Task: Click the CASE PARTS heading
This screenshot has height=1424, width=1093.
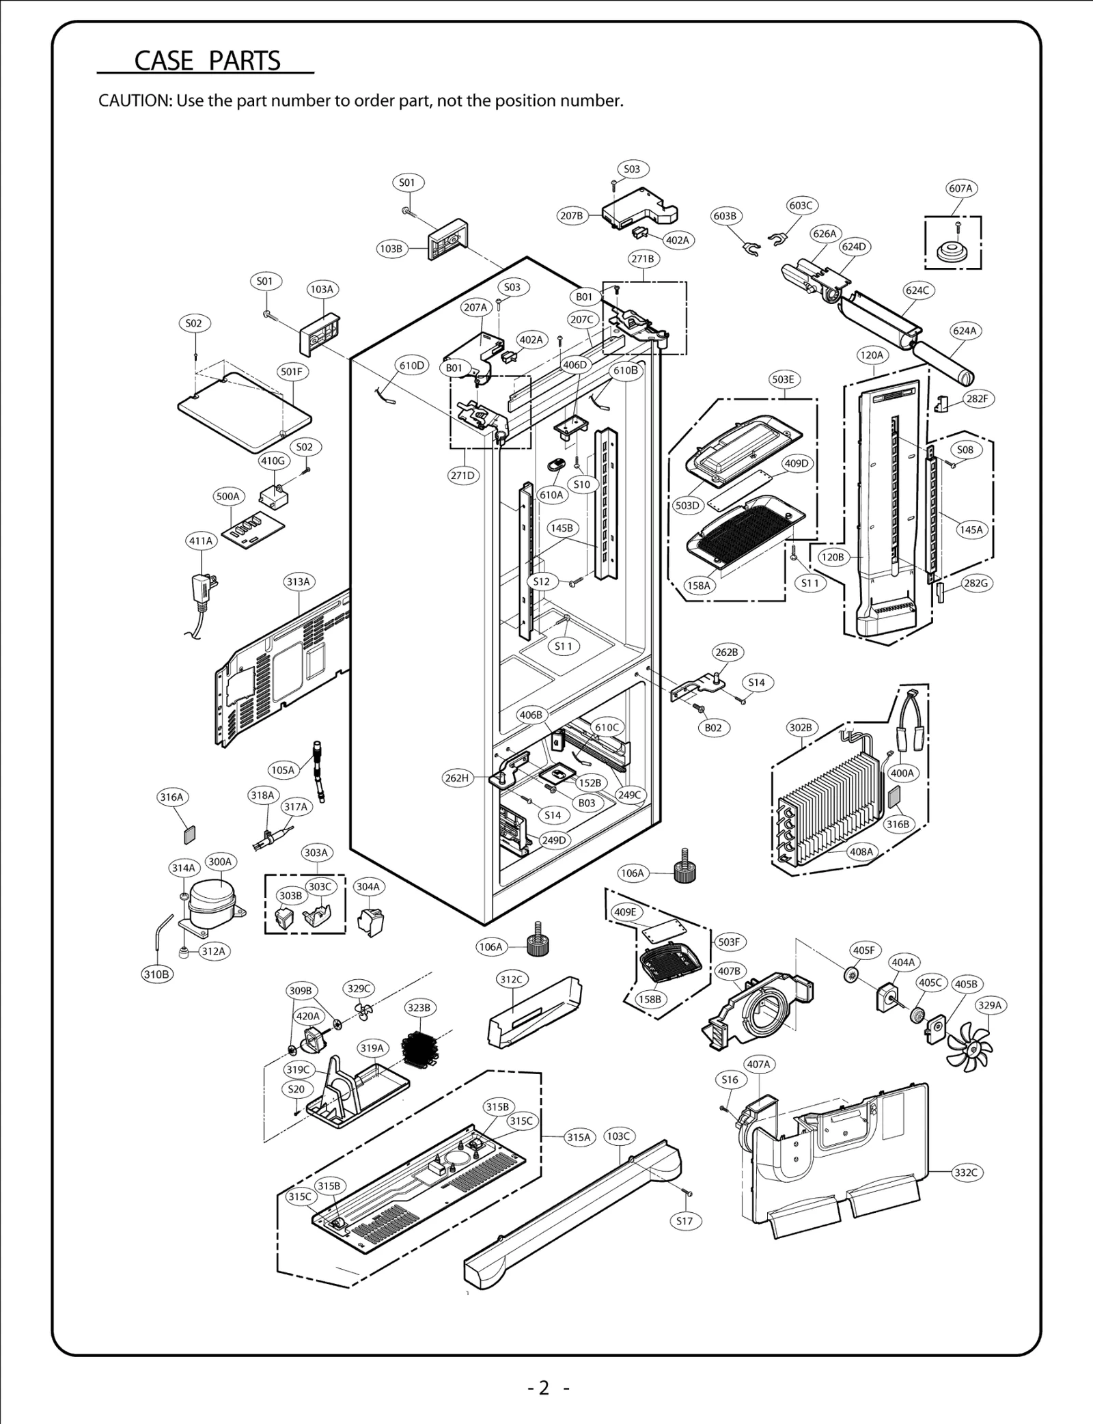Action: point(207,61)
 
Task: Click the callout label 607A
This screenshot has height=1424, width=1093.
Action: point(960,189)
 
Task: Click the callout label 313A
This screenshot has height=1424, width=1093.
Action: point(298,582)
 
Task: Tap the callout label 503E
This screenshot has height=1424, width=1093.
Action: point(782,380)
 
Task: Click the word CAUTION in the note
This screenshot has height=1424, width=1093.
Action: point(135,101)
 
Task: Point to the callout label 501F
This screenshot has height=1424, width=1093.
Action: point(292,372)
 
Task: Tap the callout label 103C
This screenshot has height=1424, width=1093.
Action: point(618,1136)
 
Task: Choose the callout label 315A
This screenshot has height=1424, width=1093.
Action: point(578,1137)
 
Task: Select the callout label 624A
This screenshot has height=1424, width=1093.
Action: point(965,331)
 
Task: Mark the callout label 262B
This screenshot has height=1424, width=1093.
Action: point(727,653)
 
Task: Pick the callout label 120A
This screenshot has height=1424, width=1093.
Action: point(872,355)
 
